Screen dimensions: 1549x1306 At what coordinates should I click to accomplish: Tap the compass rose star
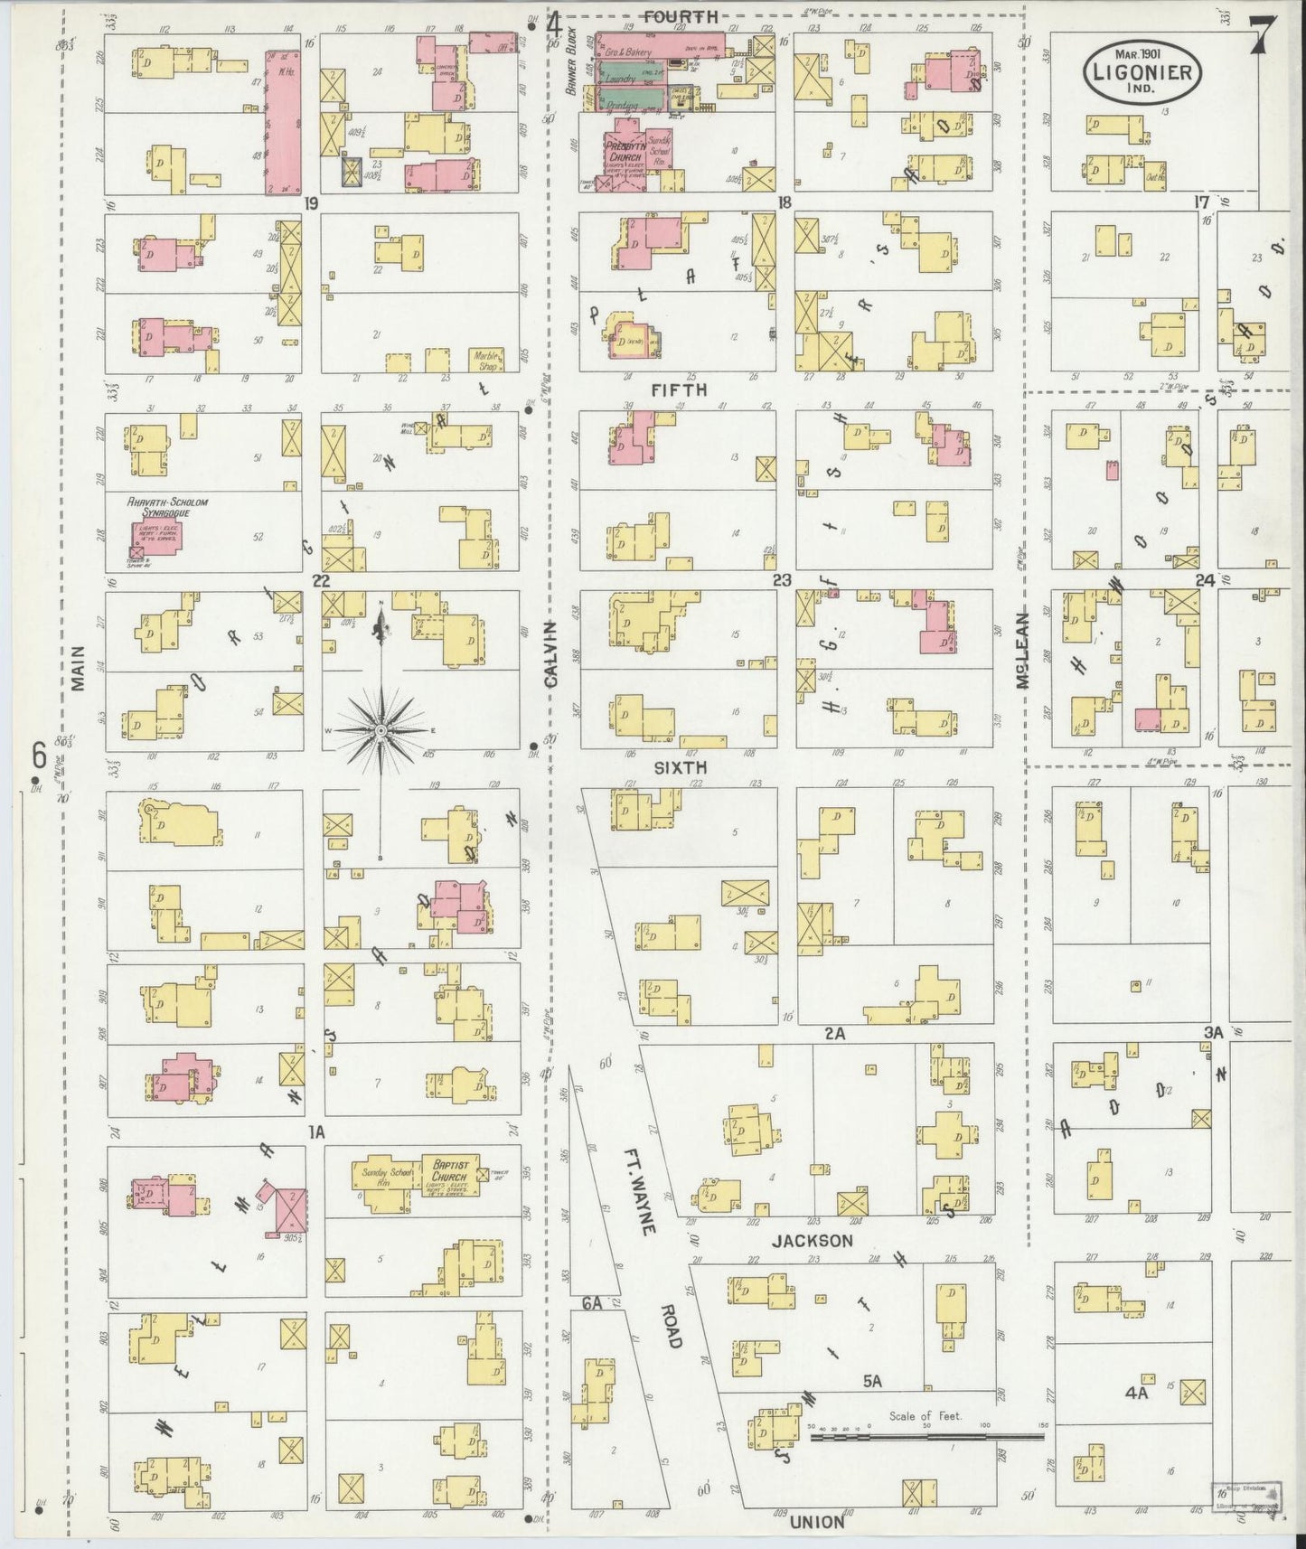click(x=381, y=728)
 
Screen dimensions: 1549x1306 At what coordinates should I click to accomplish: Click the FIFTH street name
click(x=677, y=390)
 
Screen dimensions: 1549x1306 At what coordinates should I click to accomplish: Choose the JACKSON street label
click(x=811, y=1241)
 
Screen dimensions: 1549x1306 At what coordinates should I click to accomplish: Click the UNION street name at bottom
click(x=816, y=1522)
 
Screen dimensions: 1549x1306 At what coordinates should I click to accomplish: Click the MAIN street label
click(x=78, y=669)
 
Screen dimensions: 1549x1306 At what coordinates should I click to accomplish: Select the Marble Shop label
click(x=488, y=357)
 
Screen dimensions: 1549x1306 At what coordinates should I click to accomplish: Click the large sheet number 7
click(x=1262, y=37)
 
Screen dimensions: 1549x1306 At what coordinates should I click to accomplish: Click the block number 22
click(x=320, y=580)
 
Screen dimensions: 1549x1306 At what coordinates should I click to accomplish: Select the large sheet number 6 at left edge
click(x=38, y=752)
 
